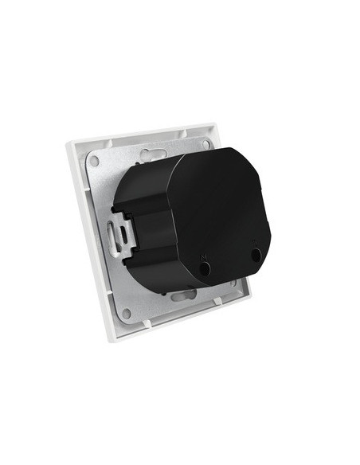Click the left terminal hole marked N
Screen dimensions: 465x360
[205, 269]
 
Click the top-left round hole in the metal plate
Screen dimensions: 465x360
[95, 161]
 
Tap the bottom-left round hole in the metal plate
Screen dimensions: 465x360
[126, 314]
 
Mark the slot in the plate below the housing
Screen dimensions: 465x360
[182, 297]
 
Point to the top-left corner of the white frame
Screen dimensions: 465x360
[67, 143]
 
